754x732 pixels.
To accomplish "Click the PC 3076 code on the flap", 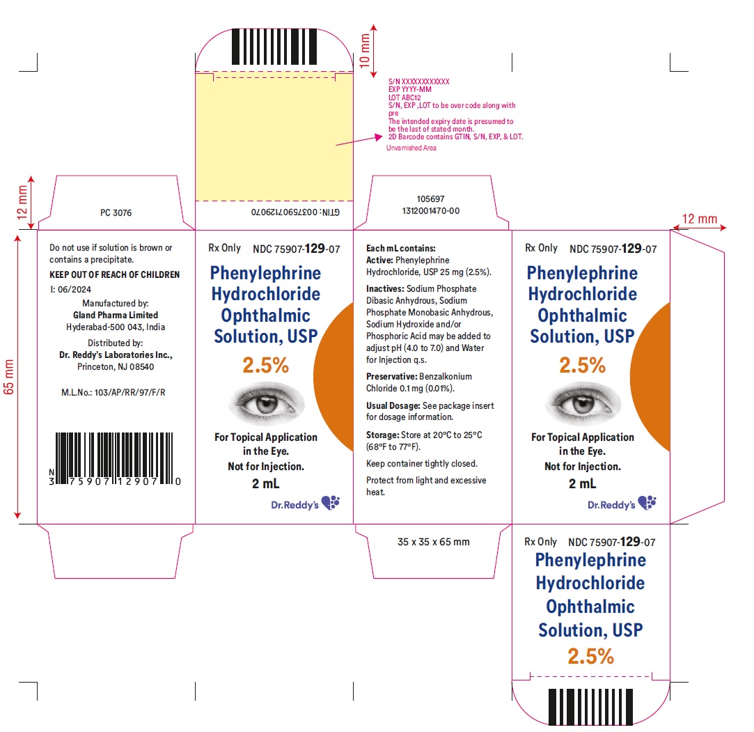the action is click(x=116, y=212).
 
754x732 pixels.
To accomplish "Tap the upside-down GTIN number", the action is click(x=295, y=212).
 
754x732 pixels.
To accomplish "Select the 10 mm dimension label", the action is click(x=365, y=51).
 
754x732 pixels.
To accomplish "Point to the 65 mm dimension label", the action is click(x=8, y=377).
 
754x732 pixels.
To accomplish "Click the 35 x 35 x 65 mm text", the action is click(x=433, y=542).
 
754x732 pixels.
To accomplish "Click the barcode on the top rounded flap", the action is click(x=274, y=47).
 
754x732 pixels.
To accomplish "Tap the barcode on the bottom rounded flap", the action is click(x=590, y=707).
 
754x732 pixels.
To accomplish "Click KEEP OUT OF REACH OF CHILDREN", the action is click(x=114, y=274).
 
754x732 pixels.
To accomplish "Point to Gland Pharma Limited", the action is click(x=116, y=315).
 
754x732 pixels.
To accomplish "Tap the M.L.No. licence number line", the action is click(x=113, y=392).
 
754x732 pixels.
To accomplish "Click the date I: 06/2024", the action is click(x=70, y=290).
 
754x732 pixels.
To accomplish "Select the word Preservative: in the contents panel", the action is click(x=391, y=377).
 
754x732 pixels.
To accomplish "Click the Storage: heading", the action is click(x=383, y=435).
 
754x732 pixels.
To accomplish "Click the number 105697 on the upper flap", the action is click(x=430, y=199).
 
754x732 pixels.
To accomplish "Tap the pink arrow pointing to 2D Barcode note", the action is click(x=359, y=141).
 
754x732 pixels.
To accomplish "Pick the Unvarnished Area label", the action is click(x=411, y=148).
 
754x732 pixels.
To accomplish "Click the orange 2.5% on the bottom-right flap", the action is click(x=590, y=656).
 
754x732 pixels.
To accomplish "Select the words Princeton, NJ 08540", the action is click(x=116, y=367).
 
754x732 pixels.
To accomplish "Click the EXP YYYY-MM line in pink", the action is click(x=409, y=89).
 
